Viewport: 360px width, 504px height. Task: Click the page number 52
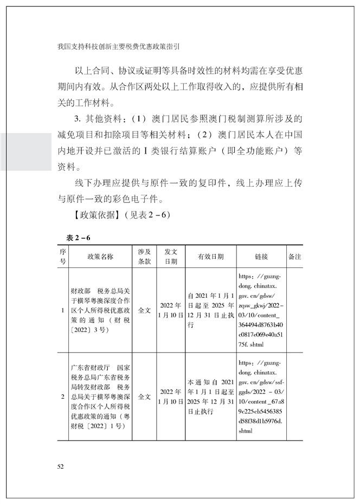(60, 466)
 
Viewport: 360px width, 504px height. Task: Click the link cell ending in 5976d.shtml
(261, 397)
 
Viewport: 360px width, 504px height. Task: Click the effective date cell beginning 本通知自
(210, 397)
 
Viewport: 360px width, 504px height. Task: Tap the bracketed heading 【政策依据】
(93, 214)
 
